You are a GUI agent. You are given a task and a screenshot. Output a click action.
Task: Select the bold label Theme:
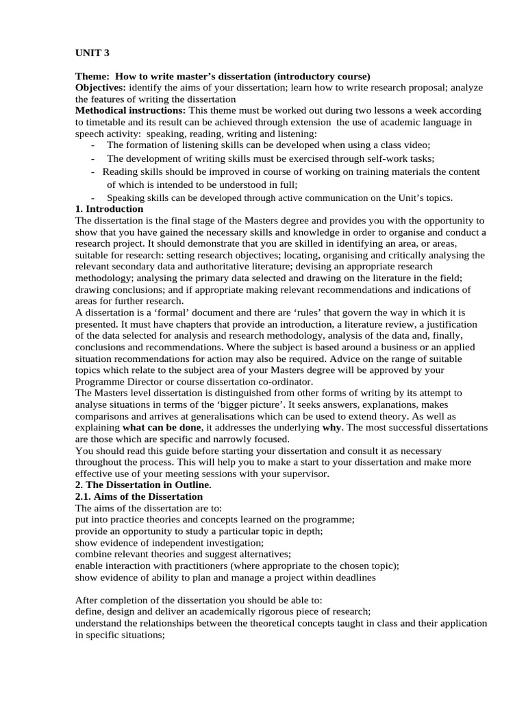click(x=92, y=76)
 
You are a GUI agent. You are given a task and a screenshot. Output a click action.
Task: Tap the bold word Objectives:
click(x=100, y=88)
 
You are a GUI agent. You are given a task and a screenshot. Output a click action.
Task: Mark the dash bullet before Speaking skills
click(x=92, y=198)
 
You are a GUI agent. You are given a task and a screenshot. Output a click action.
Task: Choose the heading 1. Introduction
click(x=109, y=209)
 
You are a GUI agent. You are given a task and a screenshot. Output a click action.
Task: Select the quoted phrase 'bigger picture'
click(x=253, y=404)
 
